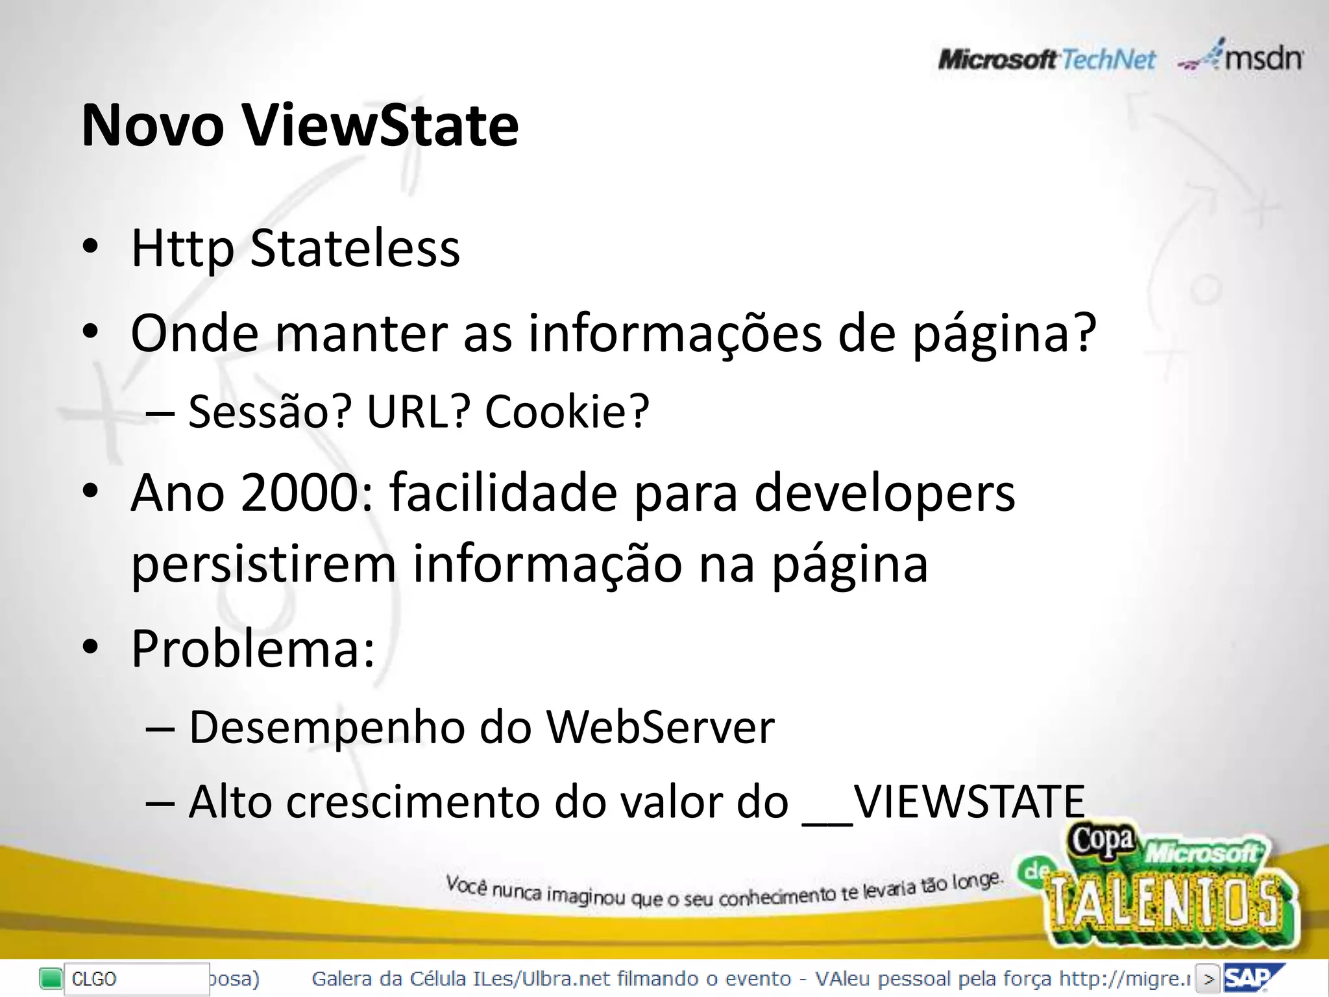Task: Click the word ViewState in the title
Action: [381, 125]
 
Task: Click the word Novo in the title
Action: [152, 125]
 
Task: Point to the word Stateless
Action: [355, 249]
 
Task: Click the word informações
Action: [675, 334]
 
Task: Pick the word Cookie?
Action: [567, 412]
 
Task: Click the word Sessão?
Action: [269, 412]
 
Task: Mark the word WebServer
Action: [660, 727]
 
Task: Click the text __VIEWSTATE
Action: [944, 803]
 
